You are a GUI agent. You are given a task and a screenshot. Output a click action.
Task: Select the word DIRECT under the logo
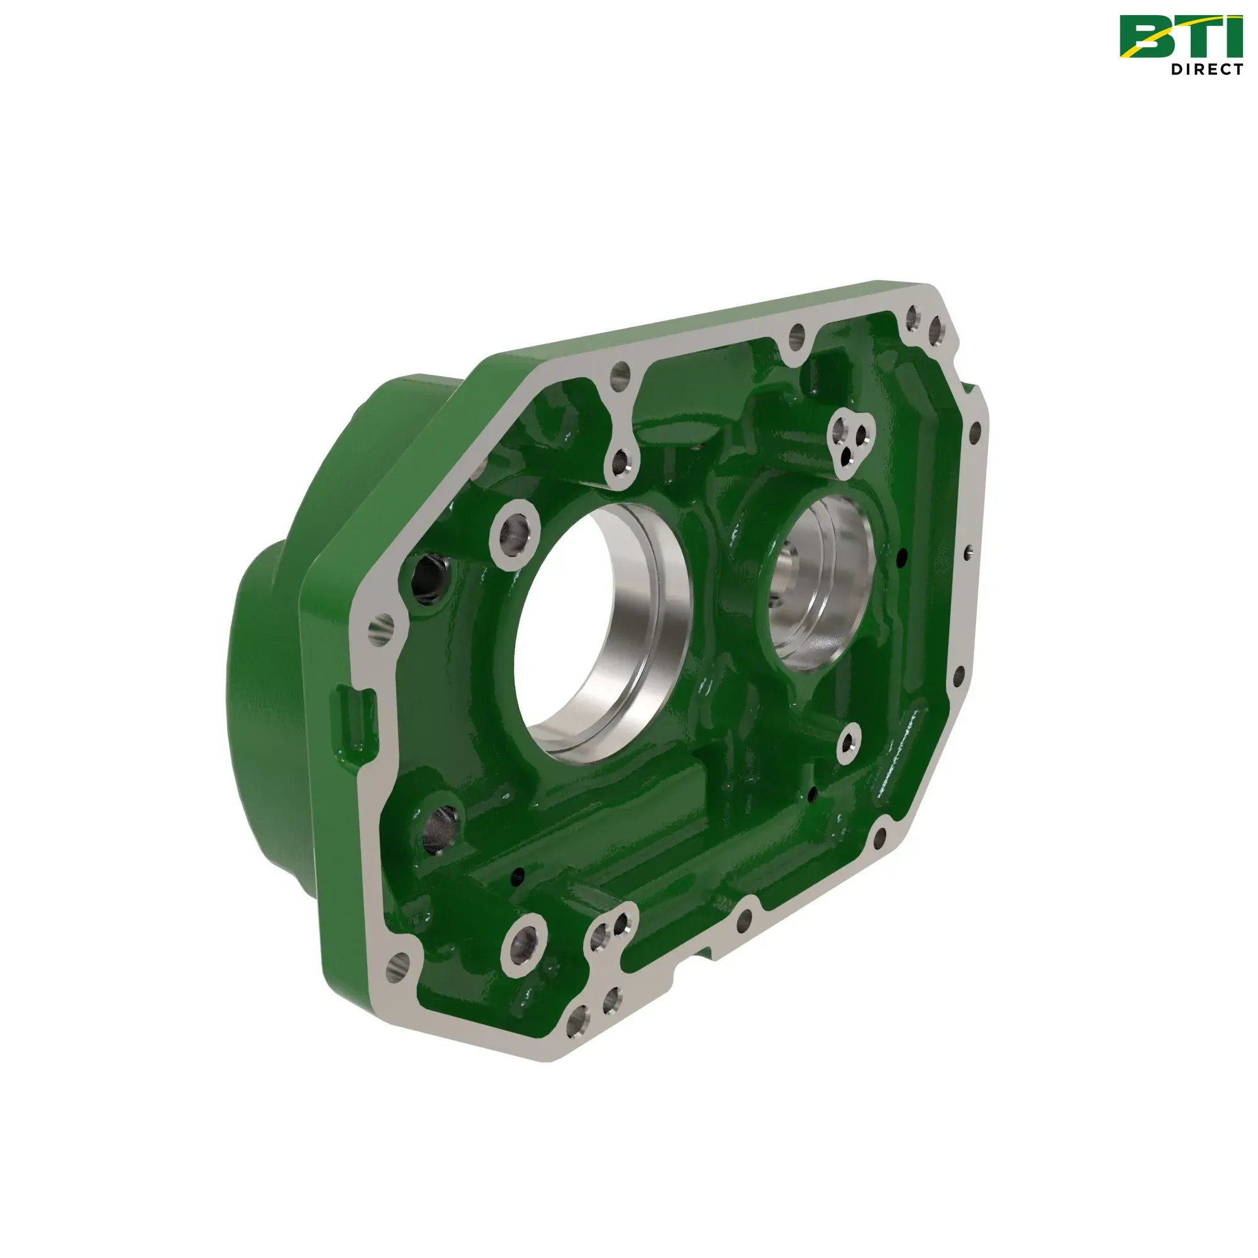[1206, 69]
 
